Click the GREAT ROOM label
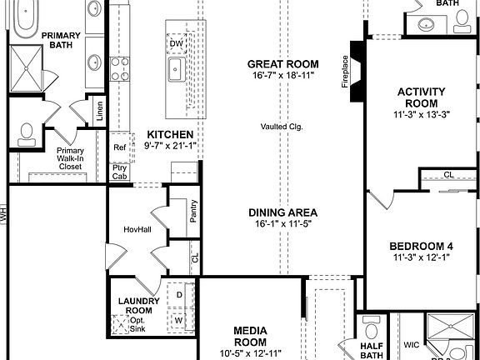click(282, 63)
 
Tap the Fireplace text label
click(344, 72)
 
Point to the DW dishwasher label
click(176, 42)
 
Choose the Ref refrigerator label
click(119, 147)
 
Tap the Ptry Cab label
click(120, 171)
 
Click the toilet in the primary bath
click(27, 133)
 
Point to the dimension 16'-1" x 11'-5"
click(282, 224)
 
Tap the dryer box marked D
click(179, 295)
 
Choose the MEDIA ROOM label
click(250, 336)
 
